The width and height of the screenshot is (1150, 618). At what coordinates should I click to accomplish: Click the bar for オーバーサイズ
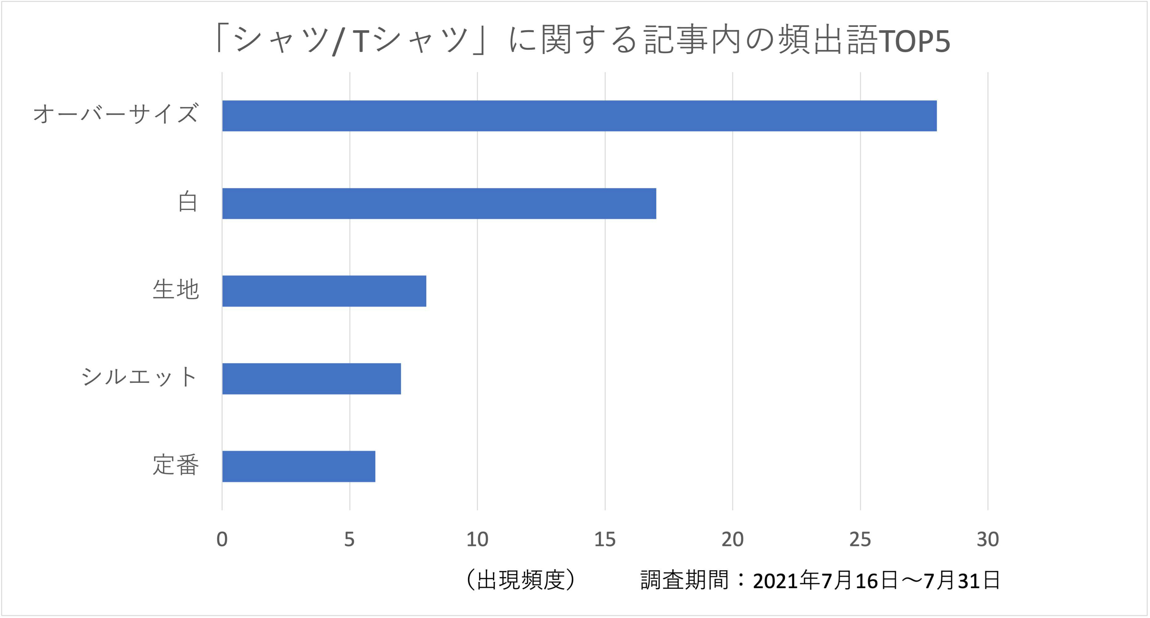579,116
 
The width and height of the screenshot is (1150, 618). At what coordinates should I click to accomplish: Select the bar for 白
439,204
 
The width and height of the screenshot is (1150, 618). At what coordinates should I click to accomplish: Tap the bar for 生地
324,291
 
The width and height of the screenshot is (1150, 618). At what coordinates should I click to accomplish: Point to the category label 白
188,202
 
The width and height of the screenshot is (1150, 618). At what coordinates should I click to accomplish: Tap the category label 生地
175,289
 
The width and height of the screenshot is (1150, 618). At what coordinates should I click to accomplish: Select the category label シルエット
139,377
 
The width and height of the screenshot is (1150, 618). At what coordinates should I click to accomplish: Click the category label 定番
175,465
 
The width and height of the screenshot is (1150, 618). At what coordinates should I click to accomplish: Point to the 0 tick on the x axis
222,539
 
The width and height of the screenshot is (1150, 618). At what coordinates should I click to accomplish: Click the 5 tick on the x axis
350,539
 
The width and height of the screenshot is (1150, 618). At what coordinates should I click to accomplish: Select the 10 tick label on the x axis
477,539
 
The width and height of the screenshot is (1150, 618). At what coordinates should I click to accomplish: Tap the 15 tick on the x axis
605,539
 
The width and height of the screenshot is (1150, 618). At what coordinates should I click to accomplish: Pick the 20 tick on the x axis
733,539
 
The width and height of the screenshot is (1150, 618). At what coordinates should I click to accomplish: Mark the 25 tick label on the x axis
860,539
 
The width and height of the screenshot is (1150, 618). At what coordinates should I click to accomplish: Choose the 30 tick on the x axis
988,539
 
